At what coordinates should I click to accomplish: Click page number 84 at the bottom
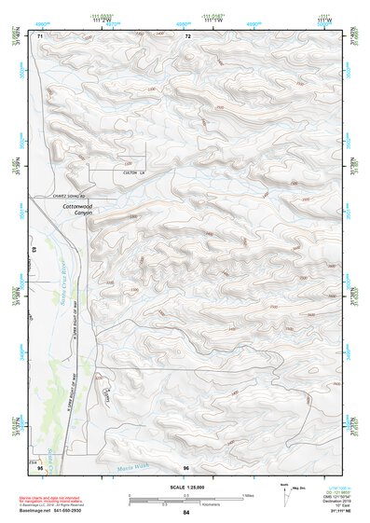click(186, 513)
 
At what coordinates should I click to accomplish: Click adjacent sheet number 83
click(35, 251)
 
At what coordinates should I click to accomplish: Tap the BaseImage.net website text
click(42, 511)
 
